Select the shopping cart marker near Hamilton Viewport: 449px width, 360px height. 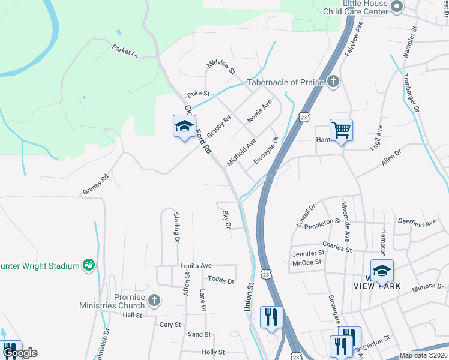click(x=340, y=129)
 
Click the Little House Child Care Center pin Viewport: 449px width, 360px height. click(x=396, y=7)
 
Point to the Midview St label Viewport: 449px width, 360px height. click(x=220, y=67)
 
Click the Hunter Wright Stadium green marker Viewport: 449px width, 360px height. click(x=89, y=265)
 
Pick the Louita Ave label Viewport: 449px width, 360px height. click(x=196, y=265)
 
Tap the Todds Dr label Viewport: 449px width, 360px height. click(x=221, y=280)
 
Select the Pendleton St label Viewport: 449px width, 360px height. click(x=322, y=223)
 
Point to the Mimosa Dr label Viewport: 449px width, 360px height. click(x=427, y=289)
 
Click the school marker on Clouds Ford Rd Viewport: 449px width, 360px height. click(x=184, y=126)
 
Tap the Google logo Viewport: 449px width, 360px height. click(x=19, y=353)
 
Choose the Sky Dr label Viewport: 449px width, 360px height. click(x=226, y=220)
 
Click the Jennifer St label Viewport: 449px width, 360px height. click(x=307, y=253)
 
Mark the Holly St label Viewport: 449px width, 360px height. click(x=213, y=352)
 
